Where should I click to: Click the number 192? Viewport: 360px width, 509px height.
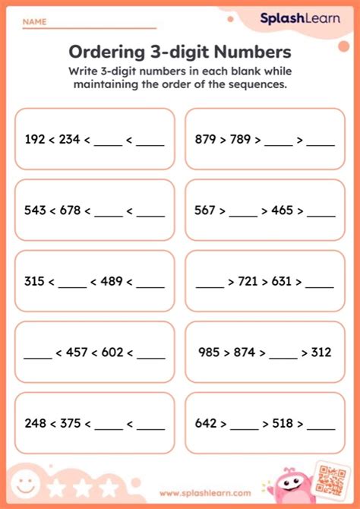(34, 139)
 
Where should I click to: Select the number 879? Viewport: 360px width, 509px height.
(205, 139)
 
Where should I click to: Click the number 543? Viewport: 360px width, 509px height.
(34, 211)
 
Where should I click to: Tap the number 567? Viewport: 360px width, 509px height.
(205, 211)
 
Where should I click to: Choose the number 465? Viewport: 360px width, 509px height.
(284, 211)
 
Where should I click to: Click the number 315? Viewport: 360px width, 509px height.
(34, 283)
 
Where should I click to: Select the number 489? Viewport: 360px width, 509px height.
(112, 283)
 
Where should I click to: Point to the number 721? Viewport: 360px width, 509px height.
(249, 283)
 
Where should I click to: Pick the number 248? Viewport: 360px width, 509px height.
(34, 424)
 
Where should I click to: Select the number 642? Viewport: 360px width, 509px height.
(205, 424)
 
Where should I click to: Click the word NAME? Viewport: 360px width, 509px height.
(34, 22)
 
